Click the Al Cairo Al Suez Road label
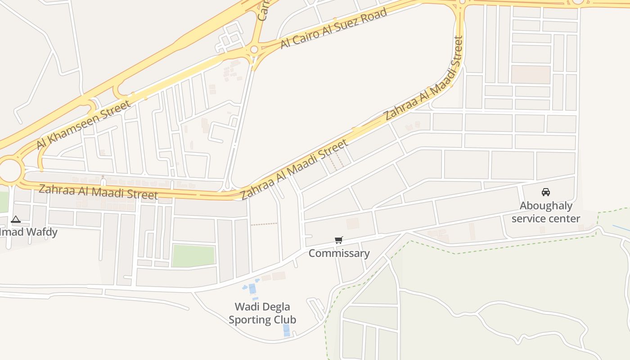coord(333,28)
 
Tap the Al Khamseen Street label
coord(84,125)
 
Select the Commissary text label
coord(339,253)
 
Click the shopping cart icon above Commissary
coord(339,240)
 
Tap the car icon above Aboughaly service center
coord(546,192)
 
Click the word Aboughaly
coord(546,206)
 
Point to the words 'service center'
coord(546,219)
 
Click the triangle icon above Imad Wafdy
coord(16,220)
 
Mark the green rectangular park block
coord(193,256)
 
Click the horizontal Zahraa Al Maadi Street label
coord(98,192)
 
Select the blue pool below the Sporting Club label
coord(286,330)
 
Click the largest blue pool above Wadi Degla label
coord(252,288)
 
